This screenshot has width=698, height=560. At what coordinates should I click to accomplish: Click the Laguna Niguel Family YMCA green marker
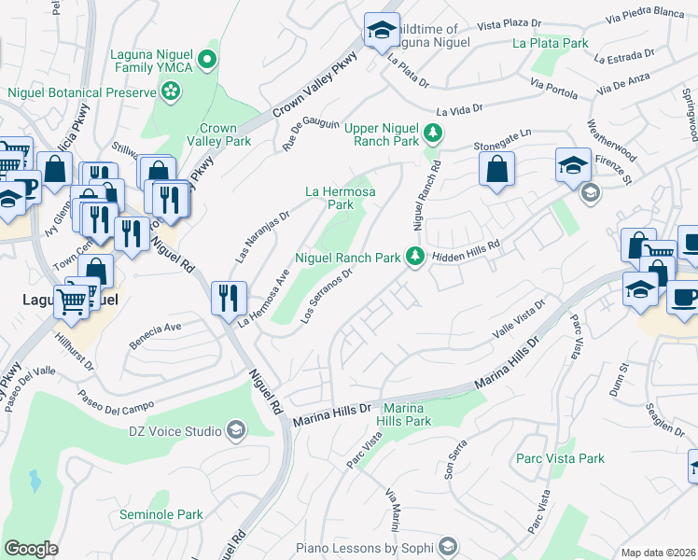pyautogui.click(x=210, y=63)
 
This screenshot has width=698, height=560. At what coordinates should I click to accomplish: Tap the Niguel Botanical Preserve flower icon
pyautogui.click(x=171, y=91)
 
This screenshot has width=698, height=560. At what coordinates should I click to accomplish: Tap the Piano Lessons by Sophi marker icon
pyautogui.click(x=448, y=547)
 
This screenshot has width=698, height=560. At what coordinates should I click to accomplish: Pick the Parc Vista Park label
pyautogui.click(x=560, y=458)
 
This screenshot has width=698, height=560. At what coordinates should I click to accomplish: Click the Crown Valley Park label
pyautogui.click(x=225, y=134)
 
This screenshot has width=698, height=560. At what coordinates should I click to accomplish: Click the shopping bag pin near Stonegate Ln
pyautogui.click(x=497, y=170)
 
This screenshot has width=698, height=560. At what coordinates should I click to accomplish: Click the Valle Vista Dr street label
pyautogui.click(x=518, y=319)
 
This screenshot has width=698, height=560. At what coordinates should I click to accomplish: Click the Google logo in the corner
pyautogui.click(x=31, y=549)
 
